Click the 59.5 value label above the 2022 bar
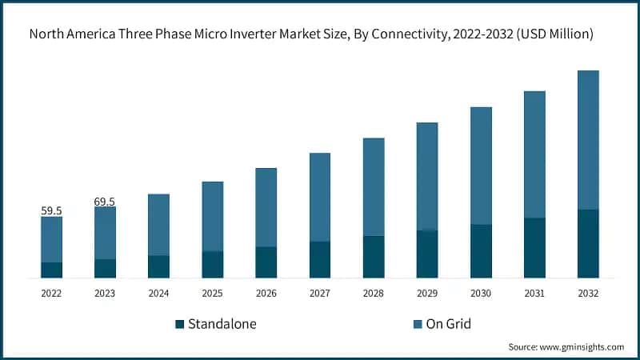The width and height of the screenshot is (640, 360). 51,211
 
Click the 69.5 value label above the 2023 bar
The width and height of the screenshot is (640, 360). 105,202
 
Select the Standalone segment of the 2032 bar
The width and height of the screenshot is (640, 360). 588,244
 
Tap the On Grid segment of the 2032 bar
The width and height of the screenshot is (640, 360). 588,140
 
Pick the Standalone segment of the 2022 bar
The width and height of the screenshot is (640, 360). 51,270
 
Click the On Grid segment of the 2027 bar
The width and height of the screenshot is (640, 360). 320,197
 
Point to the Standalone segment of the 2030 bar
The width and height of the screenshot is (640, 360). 481,251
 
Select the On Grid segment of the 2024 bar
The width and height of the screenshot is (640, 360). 158,225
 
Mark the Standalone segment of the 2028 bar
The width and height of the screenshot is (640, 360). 374,257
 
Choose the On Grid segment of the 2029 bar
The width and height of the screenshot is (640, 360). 427,176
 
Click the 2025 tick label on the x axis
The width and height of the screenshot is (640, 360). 212,294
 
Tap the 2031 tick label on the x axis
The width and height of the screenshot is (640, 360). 534,294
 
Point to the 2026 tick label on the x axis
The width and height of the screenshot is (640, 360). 266,294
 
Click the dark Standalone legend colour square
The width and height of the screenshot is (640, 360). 180,324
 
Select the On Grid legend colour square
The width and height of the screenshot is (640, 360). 418,324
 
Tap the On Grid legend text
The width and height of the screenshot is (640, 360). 450,324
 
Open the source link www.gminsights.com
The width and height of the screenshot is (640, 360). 582,347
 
